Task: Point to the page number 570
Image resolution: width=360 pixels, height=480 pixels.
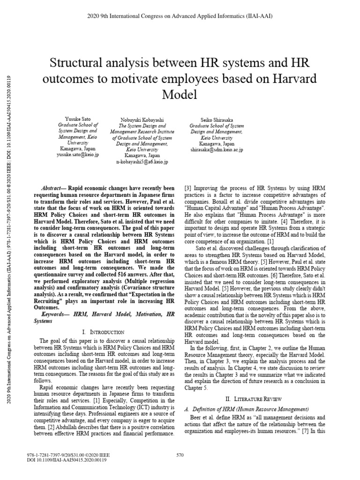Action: pyautogui.click(x=180, y=454)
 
